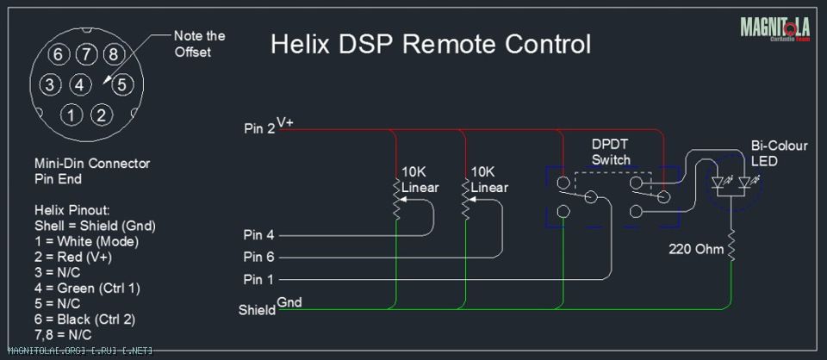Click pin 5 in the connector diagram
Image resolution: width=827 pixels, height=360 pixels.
click(x=121, y=84)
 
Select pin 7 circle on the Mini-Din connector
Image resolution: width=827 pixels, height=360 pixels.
click(x=85, y=54)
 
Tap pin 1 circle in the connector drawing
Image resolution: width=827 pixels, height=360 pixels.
click(x=72, y=115)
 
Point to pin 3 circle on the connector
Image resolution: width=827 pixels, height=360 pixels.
click(x=50, y=84)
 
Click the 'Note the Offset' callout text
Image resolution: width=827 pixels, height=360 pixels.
click(x=199, y=44)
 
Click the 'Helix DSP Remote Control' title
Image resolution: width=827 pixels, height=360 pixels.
click(x=431, y=44)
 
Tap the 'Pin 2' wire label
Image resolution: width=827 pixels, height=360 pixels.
click(x=259, y=129)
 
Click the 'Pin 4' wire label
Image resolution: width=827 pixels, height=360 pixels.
click(x=259, y=235)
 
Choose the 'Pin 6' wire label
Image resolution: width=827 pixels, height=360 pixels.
click(x=259, y=258)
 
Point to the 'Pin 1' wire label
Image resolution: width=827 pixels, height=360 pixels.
click(x=259, y=279)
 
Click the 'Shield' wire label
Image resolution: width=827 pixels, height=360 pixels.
click(x=257, y=310)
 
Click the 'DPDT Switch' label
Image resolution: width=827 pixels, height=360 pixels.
click(x=611, y=152)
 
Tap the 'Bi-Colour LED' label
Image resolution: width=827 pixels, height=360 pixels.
click(x=779, y=153)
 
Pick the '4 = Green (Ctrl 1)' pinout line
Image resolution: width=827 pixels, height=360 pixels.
click(x=87, y=289)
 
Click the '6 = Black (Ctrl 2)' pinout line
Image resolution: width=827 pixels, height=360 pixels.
click(x=85, y=319)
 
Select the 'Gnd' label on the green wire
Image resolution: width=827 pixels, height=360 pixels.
click(x=289, y=302)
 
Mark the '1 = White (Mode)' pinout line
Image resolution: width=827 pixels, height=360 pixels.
click(x=86, y=242)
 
